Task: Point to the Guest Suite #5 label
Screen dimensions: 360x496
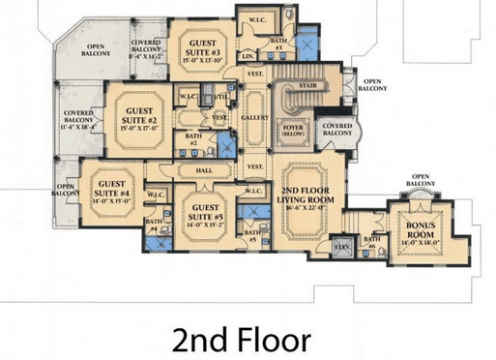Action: (205, 212)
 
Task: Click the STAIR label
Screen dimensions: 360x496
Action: (308, 84)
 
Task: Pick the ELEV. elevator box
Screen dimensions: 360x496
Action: (339, 248)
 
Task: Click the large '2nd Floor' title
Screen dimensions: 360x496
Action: (242, 340)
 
